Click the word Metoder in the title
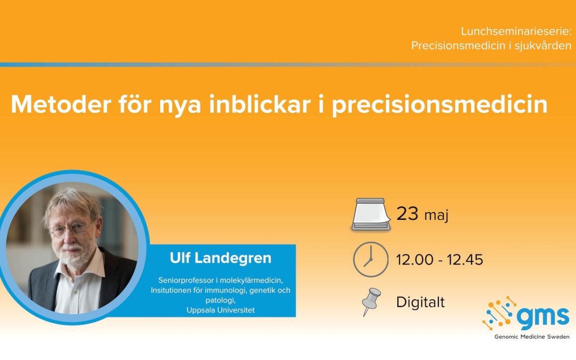(61, 105)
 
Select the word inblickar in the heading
(260, 105)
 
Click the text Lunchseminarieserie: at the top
(516, 31)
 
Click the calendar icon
(371, 214)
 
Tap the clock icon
(371, 259)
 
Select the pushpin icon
(371, 302)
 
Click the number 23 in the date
(407, 213)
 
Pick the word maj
(436, 215)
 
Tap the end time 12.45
(465, 260)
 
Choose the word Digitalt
(420, 302)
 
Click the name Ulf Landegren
(220, 258)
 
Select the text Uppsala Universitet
(220, 310)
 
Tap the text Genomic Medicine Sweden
(532, 337)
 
